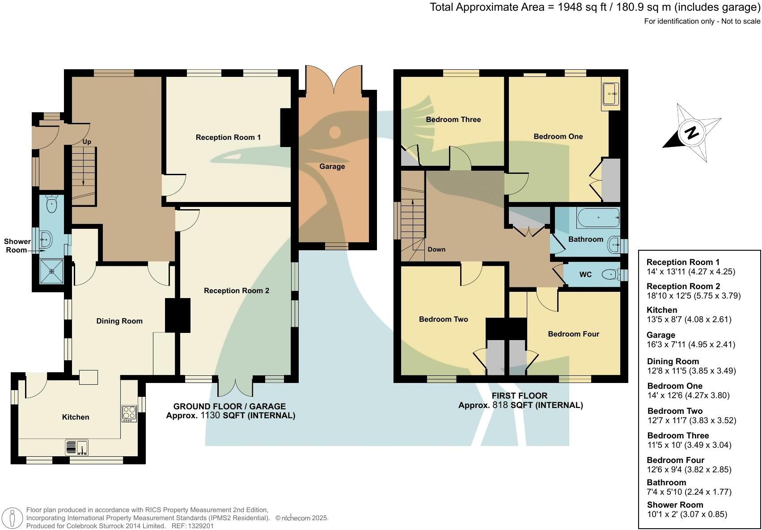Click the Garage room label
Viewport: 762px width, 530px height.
[x=332, y=166]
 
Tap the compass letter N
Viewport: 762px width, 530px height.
[x=692, y=133]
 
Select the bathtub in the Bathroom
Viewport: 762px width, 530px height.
[x=598, y=218]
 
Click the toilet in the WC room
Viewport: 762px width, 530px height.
[x=610, y=274]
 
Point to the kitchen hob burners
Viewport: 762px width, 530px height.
[x=129, y=413]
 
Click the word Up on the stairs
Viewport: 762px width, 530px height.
[x=87, y=142]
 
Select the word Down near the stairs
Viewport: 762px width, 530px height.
[x=436, y=249]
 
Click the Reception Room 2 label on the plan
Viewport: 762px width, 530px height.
[x=237, y=290]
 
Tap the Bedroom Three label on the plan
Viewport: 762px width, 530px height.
[x=453, y=119]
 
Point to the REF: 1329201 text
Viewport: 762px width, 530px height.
[x=194, y=526]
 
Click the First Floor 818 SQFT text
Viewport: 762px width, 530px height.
[x=521, y=405]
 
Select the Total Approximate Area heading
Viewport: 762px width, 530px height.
[x=595, y=7]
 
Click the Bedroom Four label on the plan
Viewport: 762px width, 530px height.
[x=573, y=334]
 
